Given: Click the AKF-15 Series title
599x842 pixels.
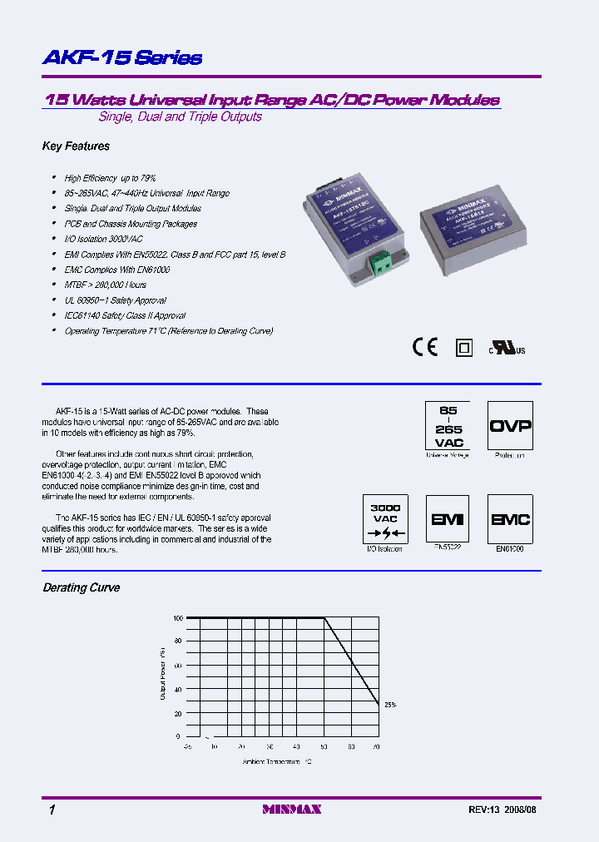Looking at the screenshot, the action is pyautogui.click(x=122, y=58).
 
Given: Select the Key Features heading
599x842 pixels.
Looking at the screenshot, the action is pyautogui.click(x=76, y=146).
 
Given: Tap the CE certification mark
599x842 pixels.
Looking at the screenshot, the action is pyautogui.click(x=425, y=347).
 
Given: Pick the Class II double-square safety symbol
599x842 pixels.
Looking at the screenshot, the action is pyautogui.click(x=464, y=348).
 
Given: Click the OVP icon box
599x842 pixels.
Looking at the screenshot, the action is pyautogui.click(x=510, y=426).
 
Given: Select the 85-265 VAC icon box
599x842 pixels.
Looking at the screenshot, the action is pyautogui.click(x=448, y=426).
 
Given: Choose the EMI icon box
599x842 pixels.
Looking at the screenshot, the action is pyautogui.click(x=448, y=519).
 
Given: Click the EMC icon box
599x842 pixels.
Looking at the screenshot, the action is pyautogui.click(x=510, y=519).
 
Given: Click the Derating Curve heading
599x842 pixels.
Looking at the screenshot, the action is pyautogui.click(x=82, y=588).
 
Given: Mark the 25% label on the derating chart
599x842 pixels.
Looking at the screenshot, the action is pyautogui.click(x=390, y=705).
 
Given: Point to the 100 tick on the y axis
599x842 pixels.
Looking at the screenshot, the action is pyautogui.click(x=175, y=618).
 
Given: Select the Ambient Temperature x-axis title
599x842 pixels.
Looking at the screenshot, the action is pyautogui.click(x=277, y=761).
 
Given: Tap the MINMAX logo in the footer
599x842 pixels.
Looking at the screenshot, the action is pyautogui.click(x=291, y=810).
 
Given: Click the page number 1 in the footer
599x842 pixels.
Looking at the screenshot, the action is pyautogui.click(x=51, y=810).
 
